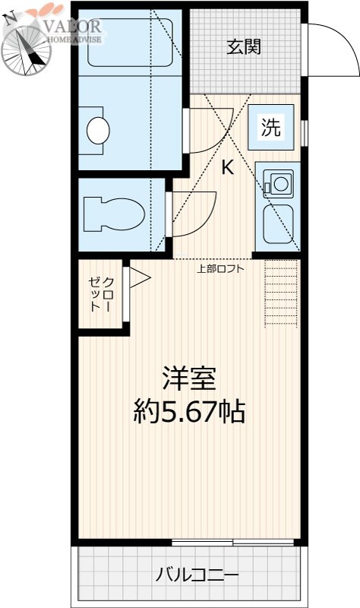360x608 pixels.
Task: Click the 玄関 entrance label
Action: (x=243, y=46)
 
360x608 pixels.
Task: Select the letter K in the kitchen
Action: (x=226, y=169)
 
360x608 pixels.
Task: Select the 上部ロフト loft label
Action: (x=219, y=268)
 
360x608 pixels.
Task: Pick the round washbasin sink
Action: (x=99, y=130)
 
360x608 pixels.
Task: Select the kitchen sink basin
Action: (x=279, y=224)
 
